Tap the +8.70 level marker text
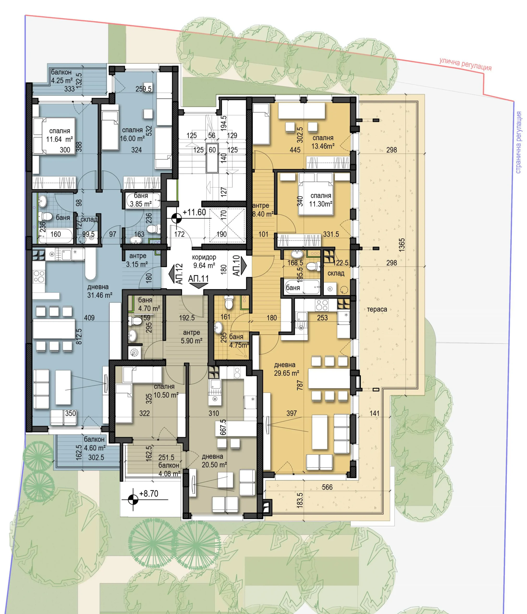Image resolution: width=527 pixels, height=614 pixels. click(149, 493)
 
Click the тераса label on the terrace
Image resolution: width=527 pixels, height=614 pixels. click(377, 309)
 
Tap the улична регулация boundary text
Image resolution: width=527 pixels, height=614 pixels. click(465, 64)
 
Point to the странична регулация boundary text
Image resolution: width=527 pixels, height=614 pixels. click(518, 142)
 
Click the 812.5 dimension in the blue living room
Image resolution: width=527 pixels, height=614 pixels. click(79, 336)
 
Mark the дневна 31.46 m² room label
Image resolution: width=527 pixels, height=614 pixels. click(100, 291)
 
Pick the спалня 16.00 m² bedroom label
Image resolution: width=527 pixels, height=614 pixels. click(132, 134)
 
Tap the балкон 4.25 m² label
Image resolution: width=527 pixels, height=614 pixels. click(62, 76)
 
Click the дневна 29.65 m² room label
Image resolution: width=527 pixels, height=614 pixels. click(286, 369)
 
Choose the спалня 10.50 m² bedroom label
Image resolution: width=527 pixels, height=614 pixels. click(166, 390)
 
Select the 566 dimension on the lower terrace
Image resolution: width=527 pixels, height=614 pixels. click(327, 487)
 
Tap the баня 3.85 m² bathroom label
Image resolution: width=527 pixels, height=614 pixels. click(141, 200)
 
